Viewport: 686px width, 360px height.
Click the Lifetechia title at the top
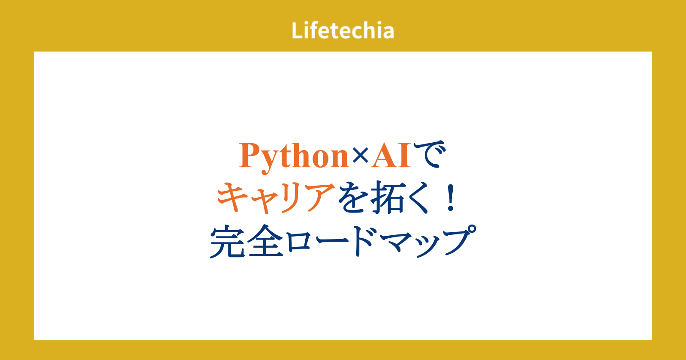point(343,30)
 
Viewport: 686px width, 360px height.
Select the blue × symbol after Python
point(360,156)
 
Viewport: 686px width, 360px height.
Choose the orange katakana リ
point(291,198)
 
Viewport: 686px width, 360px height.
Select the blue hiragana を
point(352,197)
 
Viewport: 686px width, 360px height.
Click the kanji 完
point(227,242)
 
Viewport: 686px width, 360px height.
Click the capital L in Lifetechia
point(297,30)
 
